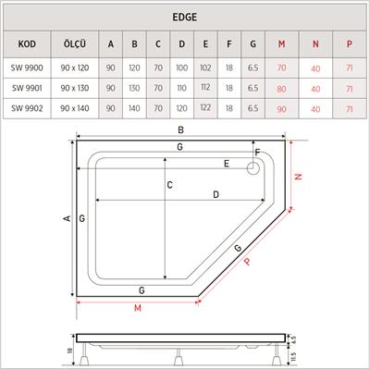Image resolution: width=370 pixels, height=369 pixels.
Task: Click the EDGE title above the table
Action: click(185, 18)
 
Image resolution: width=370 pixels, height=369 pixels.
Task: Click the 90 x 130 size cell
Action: click(75, 88)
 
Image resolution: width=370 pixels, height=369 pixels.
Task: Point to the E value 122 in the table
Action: click(204, 108)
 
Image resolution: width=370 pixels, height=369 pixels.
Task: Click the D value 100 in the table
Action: click(181, 68)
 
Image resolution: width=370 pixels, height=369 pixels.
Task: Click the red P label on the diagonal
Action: click(248, 262)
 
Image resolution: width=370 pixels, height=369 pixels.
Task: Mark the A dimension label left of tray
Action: click(66, 219)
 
